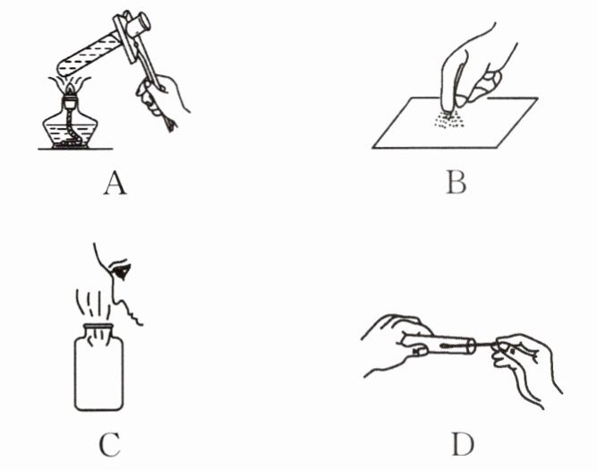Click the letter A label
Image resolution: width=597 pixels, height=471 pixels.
click(x=115, y=183)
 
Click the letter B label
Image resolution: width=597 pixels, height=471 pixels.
click(x=456, y=183)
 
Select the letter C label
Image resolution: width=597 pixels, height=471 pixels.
click(x=110, y=445)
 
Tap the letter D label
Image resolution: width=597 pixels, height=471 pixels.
click(x=463, y=444)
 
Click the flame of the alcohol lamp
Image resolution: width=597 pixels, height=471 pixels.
click(x=70, y=89)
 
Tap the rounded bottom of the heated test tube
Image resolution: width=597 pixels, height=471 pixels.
click(x=63, y=69)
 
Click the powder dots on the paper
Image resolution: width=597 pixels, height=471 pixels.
click(x=449, y=119)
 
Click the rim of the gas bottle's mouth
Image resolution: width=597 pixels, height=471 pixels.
click(x=98, y=327)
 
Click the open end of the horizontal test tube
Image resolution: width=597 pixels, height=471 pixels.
click(x=472, y=347)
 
